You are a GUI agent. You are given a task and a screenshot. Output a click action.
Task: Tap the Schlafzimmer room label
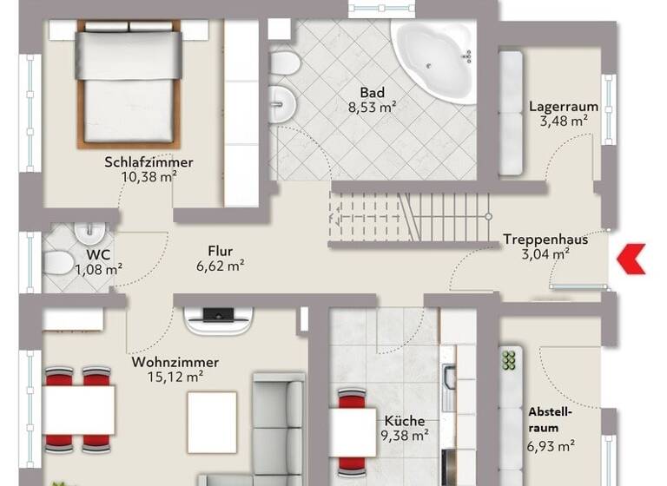(x=149, y=162)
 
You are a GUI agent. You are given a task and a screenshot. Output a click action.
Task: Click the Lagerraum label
(x=564, y=107)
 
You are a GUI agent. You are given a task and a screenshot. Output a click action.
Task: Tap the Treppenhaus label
(x=545, y=240)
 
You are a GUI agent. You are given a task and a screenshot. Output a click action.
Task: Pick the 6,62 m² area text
(x=220, y=266)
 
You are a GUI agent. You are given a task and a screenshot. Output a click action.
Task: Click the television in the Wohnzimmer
(x=219, y=318)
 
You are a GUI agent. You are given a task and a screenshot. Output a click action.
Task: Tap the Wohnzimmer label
(x=175, y=362)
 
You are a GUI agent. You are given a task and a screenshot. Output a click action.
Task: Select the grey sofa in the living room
(x=278, y=425)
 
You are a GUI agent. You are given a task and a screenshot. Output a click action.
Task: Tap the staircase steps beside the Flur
(x=408, y=217)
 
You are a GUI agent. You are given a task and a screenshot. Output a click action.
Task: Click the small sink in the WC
(x=87, y=233)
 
